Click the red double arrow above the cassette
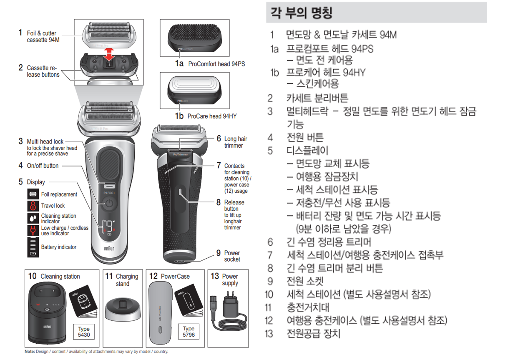point(109,54)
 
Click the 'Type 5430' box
point(83,332)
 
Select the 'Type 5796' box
point(189,332)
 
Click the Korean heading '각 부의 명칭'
point(302,13)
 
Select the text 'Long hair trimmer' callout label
point(236,142)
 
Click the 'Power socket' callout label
point(232,256)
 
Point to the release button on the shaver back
point(180,193)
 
